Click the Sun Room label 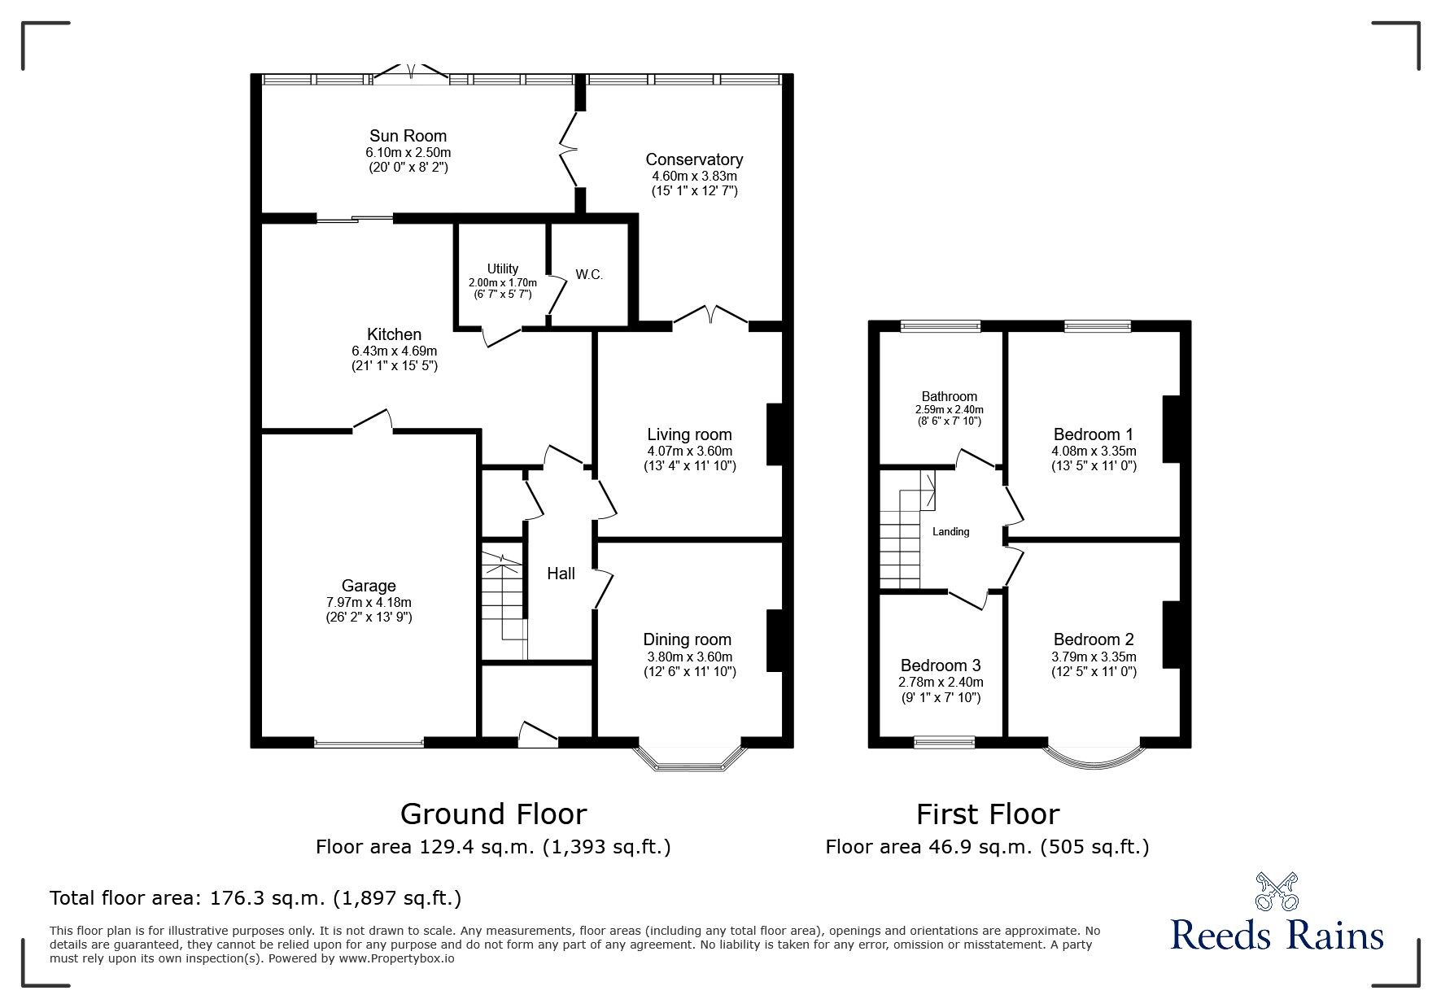(x=408, y=136)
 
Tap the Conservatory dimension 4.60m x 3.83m (x=694, y=176)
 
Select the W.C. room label (x=589, y=275)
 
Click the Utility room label (x=502, y=269)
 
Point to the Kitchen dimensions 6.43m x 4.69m (x=394, y=351)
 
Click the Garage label (x=369, y=586)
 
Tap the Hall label (x=561, y=574)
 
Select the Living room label (x=689, y=434)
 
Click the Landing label (x=950, y=532)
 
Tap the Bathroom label (x=950, y=397)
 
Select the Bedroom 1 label (x=1093, y=434)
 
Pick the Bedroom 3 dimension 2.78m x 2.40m (x=940, y=683)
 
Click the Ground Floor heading (x=493, y=814)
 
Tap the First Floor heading (x=987, y=814)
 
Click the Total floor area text (x=255, y=898)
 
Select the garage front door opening (x=369, y=743)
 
